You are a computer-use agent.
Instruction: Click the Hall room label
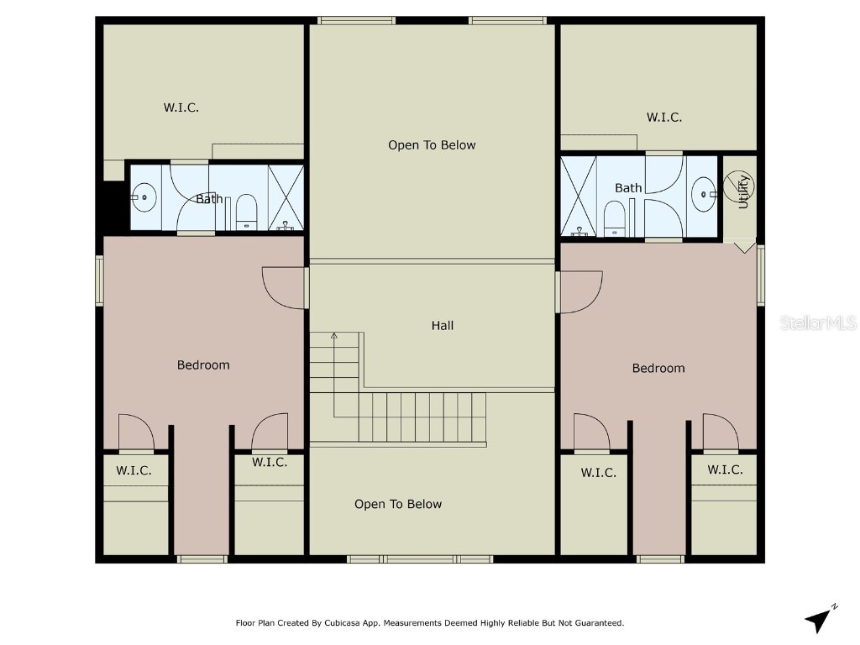[443, 325]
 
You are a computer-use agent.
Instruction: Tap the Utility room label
[742, 191]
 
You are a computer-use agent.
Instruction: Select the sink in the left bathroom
[144, 199]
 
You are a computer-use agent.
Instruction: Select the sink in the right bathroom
[703, 196]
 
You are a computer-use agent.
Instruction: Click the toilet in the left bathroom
[246, 212]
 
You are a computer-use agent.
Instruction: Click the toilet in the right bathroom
[613, 218]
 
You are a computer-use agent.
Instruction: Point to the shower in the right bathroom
[578, 195]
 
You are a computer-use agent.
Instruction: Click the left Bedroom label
[203, 364]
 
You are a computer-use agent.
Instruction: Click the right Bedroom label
[658, 368]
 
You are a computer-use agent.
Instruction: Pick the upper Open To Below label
[432, 145]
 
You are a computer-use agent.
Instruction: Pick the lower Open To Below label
[398, 504]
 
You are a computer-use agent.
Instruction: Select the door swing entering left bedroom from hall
[284, 288]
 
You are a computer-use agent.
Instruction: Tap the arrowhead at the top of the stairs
[333, 336]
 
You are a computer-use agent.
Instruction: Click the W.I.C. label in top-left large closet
[181, 107]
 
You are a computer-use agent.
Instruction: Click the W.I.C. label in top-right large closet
[664, 118]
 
